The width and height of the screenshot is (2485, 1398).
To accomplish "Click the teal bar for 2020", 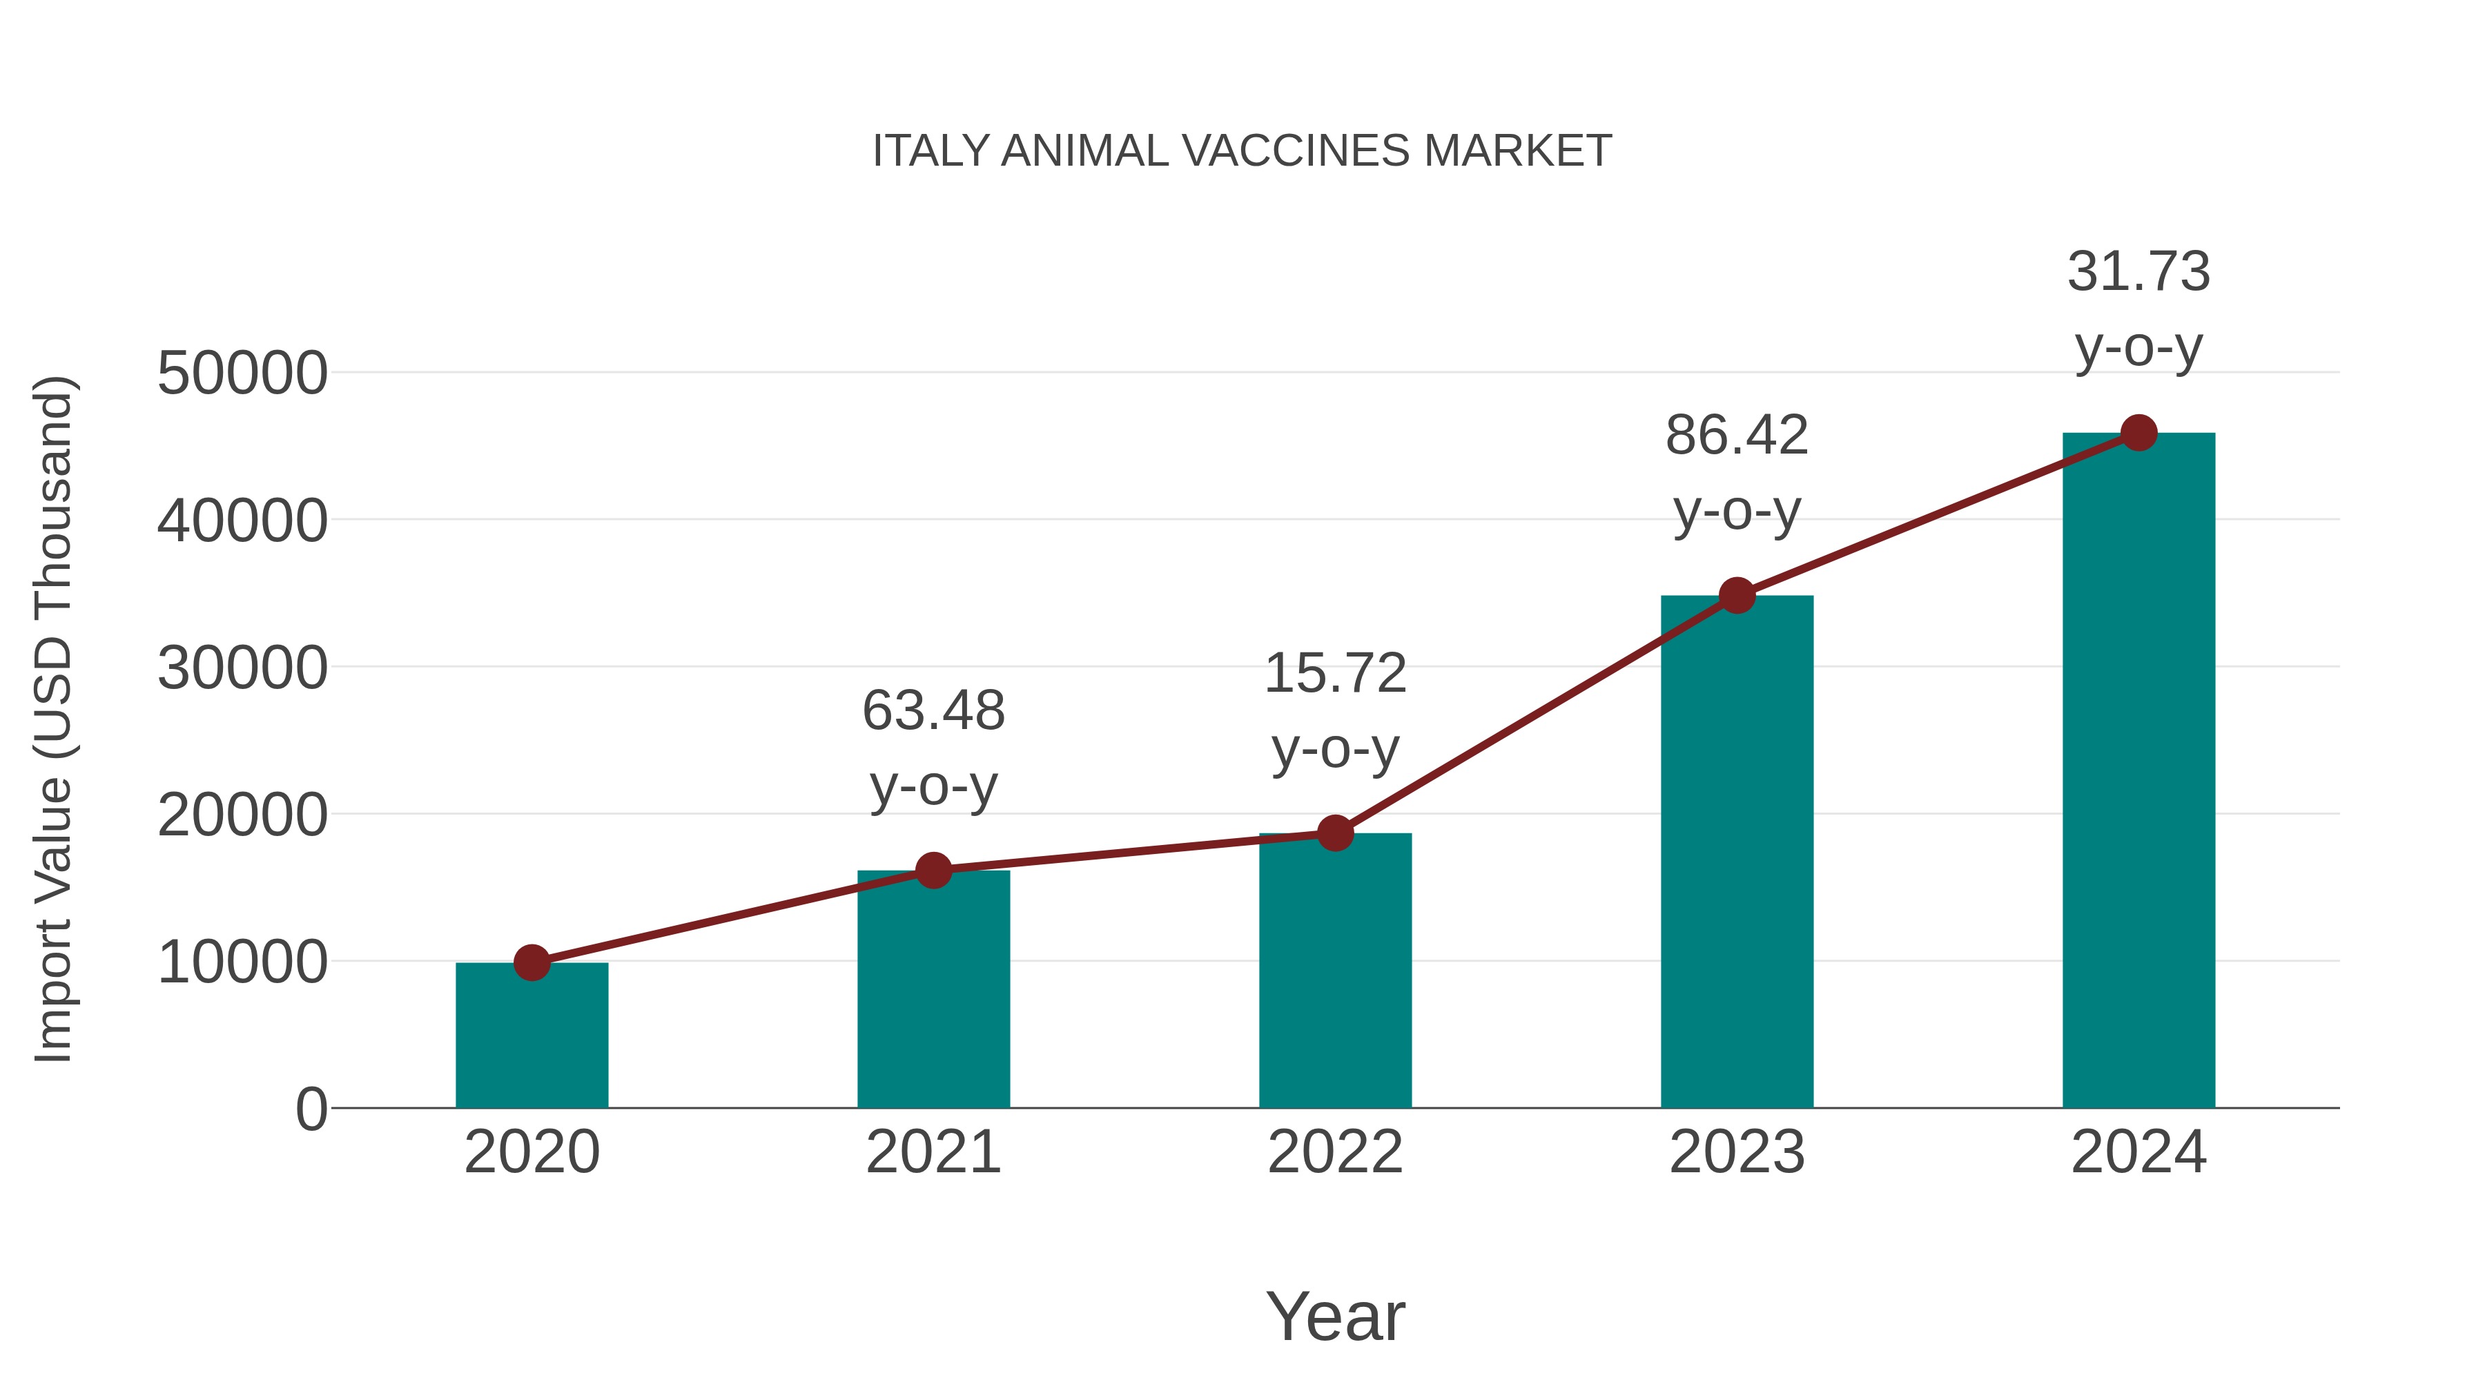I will point(532,1037).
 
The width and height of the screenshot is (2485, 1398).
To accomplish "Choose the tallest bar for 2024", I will point(2138,772).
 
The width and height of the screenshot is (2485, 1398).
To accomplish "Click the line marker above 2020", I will point(532,962).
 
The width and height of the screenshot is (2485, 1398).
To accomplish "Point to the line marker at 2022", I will point(1335,833).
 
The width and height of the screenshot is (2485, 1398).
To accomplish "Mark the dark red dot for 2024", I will point(2138,433).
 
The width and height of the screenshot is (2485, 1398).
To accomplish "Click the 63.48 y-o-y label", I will point(933,748).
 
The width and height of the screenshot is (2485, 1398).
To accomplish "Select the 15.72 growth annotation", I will point(1335,710).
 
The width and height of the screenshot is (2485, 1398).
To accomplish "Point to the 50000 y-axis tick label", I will point(242,373).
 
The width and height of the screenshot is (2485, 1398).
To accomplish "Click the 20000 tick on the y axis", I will point(242,815).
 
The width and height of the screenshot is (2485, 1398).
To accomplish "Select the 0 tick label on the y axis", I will point(311,1109).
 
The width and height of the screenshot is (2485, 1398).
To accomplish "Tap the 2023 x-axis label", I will point(1737,1152).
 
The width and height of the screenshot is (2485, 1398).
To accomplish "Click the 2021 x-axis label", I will point(933,1152).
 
